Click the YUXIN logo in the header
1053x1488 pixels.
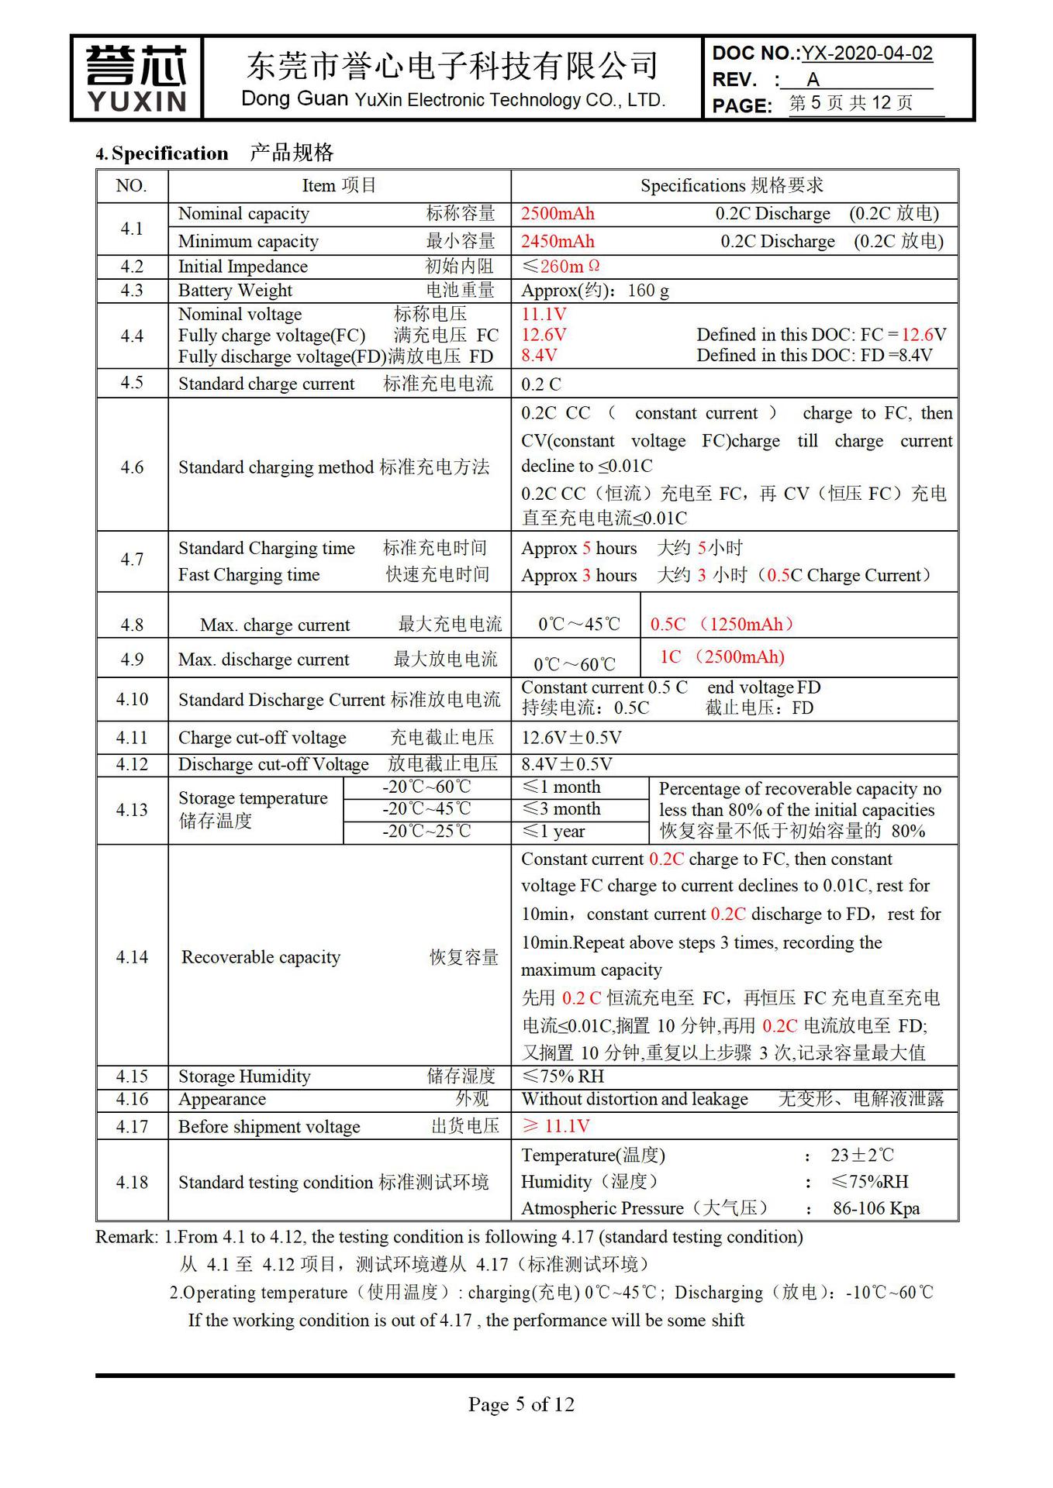click(136, 78)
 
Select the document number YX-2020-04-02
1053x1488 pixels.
click(867, 53)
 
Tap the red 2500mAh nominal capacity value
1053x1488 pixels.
click(558, 214)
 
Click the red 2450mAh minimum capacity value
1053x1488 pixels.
click(558, 241)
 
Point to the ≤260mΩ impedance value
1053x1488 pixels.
click(561, 267)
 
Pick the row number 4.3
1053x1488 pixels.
click(132, 291)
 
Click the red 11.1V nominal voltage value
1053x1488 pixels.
click(544, 314)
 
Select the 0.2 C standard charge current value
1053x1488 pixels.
click(540, 384)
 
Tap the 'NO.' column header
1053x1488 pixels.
click(132, 186)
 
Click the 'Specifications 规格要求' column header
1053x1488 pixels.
click(732, 186)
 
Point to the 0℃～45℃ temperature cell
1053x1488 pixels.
click(579, 625)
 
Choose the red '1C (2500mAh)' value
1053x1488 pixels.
click(722, 657)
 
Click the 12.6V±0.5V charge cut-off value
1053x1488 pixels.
click(571, 738)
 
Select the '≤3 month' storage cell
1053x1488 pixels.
click(561, 809)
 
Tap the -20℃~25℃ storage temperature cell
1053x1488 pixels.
click(426, 832)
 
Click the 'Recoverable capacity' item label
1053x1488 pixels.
click(261, 957)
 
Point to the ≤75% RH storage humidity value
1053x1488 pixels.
click(562, 1076)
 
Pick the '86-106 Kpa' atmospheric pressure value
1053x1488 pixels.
click(876, 1208)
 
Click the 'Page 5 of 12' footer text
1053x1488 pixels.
click(521, 1404)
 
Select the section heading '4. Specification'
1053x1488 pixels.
click(162, 153)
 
